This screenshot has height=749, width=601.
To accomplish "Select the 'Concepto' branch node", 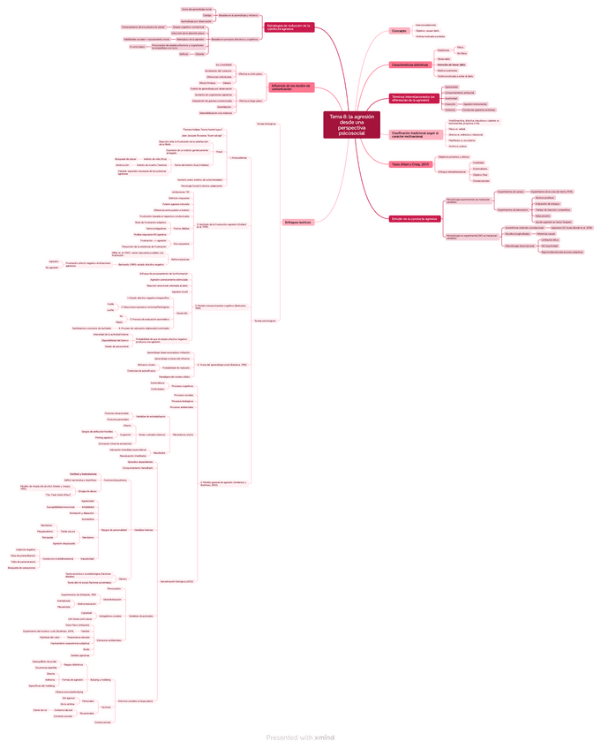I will click(x=399, y=31).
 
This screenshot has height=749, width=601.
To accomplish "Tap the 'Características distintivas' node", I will click(x=411, y=65).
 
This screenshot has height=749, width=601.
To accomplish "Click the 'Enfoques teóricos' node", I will click(x=298, y=222).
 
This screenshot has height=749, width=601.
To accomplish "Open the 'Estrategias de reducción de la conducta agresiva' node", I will click(x=289, y=28).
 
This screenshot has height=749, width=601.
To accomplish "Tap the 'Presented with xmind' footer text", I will click(x=300, y=738).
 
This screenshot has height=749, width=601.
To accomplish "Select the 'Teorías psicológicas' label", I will click(x=266, y=320).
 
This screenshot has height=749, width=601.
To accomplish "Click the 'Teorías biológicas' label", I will click(x=266, y=124).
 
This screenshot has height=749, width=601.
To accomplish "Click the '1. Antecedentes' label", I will click(x=237, y=158).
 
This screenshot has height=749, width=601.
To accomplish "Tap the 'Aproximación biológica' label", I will click(x=176, y=581).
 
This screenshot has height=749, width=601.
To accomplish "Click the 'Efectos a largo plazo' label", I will click(x=250, y=102).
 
